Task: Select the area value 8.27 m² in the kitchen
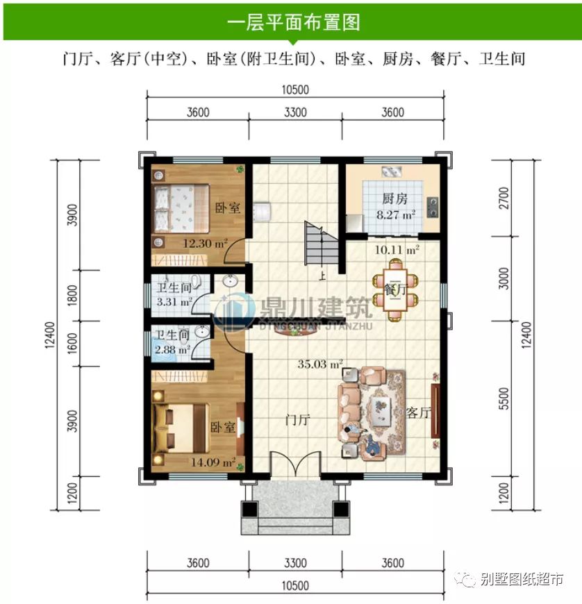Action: pos(395,215)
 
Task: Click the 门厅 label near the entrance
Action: pos(297,420)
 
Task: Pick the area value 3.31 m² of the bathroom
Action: pos(173,302)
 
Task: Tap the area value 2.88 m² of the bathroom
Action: pos(172,350)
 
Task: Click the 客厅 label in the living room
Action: pos(419,413)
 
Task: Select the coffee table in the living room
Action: pos(381,412)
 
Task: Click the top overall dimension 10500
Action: pos(294,90)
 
